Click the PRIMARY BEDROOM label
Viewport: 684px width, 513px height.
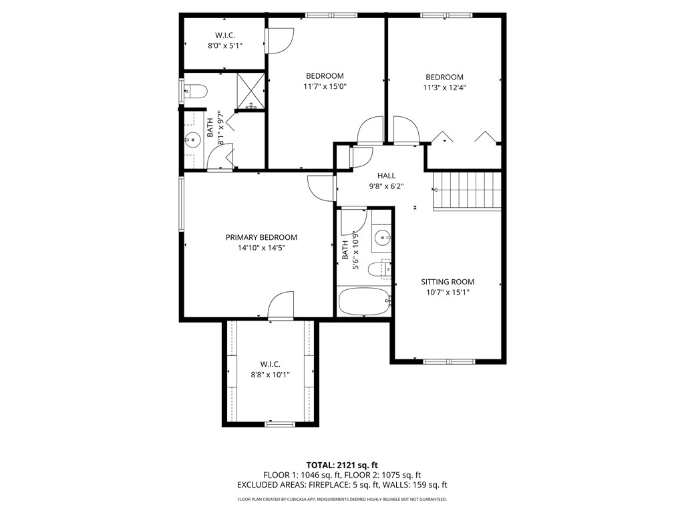coord(261,237)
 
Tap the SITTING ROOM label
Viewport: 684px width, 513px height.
coord(448,282)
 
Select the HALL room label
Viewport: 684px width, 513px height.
coord(386,176)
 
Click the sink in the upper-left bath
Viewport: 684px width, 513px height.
coord(192,140)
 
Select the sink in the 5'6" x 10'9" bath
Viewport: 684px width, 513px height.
coord(381,236)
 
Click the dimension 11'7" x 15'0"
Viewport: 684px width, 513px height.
coord(325,86)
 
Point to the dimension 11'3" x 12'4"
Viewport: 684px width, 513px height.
coord(444,87)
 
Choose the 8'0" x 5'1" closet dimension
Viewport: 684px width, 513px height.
coord(224,45)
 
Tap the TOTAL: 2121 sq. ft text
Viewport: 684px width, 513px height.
coord(342,465)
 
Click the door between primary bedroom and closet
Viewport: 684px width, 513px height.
coord(281,307)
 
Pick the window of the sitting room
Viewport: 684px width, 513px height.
coord(448,361)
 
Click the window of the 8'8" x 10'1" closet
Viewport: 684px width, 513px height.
coord(279,423)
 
